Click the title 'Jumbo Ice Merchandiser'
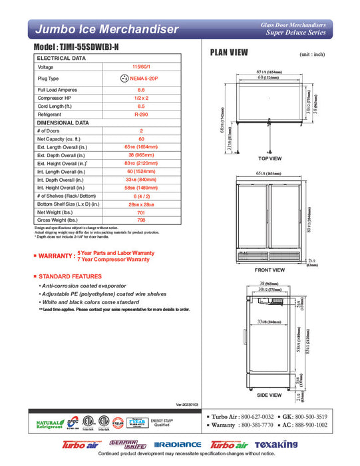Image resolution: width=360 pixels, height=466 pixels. point(106,29)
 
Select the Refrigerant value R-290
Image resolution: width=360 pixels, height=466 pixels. point(141,114)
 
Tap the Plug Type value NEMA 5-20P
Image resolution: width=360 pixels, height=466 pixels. point(141,78)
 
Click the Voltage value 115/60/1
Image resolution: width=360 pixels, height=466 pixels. point(141,67)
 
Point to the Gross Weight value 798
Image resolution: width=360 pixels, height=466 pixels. point(141,219)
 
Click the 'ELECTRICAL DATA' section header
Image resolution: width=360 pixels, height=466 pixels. point(61,59)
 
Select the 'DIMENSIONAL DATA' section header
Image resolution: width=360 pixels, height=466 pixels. point(63,122)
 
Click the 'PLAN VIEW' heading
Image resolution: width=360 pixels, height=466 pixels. point(230,53)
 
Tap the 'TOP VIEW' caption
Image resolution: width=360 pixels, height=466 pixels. point(270,158)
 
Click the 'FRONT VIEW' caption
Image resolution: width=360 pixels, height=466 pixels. point(270,270)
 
